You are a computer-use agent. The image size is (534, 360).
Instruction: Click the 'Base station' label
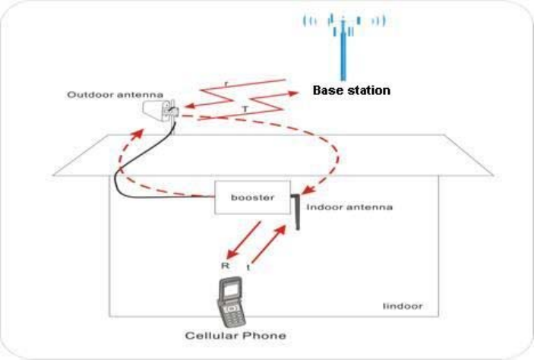coord(351,90)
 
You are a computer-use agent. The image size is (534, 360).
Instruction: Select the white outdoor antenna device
coord(160,110)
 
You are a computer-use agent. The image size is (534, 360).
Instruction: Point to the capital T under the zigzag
coord(245,109)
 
